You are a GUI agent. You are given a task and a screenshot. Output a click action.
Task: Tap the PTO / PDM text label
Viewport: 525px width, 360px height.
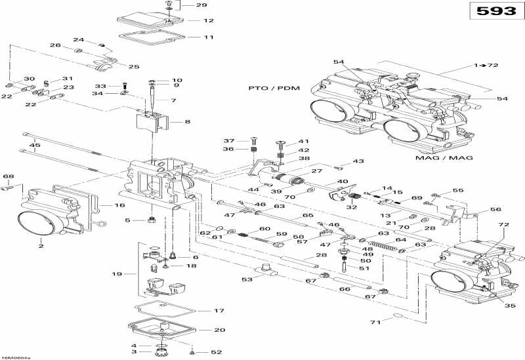[x=270, y=88]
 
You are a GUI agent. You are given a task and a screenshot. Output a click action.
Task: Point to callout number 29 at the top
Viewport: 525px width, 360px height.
[x=201, y=5]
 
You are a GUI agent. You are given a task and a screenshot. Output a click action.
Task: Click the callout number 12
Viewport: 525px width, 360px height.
[x=209, y=20]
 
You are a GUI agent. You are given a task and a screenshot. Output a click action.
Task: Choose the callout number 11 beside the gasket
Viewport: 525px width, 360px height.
[x=209, y=37]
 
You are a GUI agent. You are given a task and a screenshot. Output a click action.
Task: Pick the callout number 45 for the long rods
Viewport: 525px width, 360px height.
[x=35, y=146]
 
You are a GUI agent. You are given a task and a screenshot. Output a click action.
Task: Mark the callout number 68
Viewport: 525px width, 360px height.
[x=9, y=176]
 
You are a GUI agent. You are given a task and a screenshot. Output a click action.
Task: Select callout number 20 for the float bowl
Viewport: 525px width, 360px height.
[x=220, y=330]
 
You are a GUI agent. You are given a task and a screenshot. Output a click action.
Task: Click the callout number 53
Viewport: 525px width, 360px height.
[x=246, y=279]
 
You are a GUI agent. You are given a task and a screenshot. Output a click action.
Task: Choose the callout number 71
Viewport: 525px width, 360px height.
[x=375, y=323]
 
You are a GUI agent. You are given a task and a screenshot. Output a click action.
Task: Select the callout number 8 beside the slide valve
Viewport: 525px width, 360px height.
[x=188, y=122]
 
